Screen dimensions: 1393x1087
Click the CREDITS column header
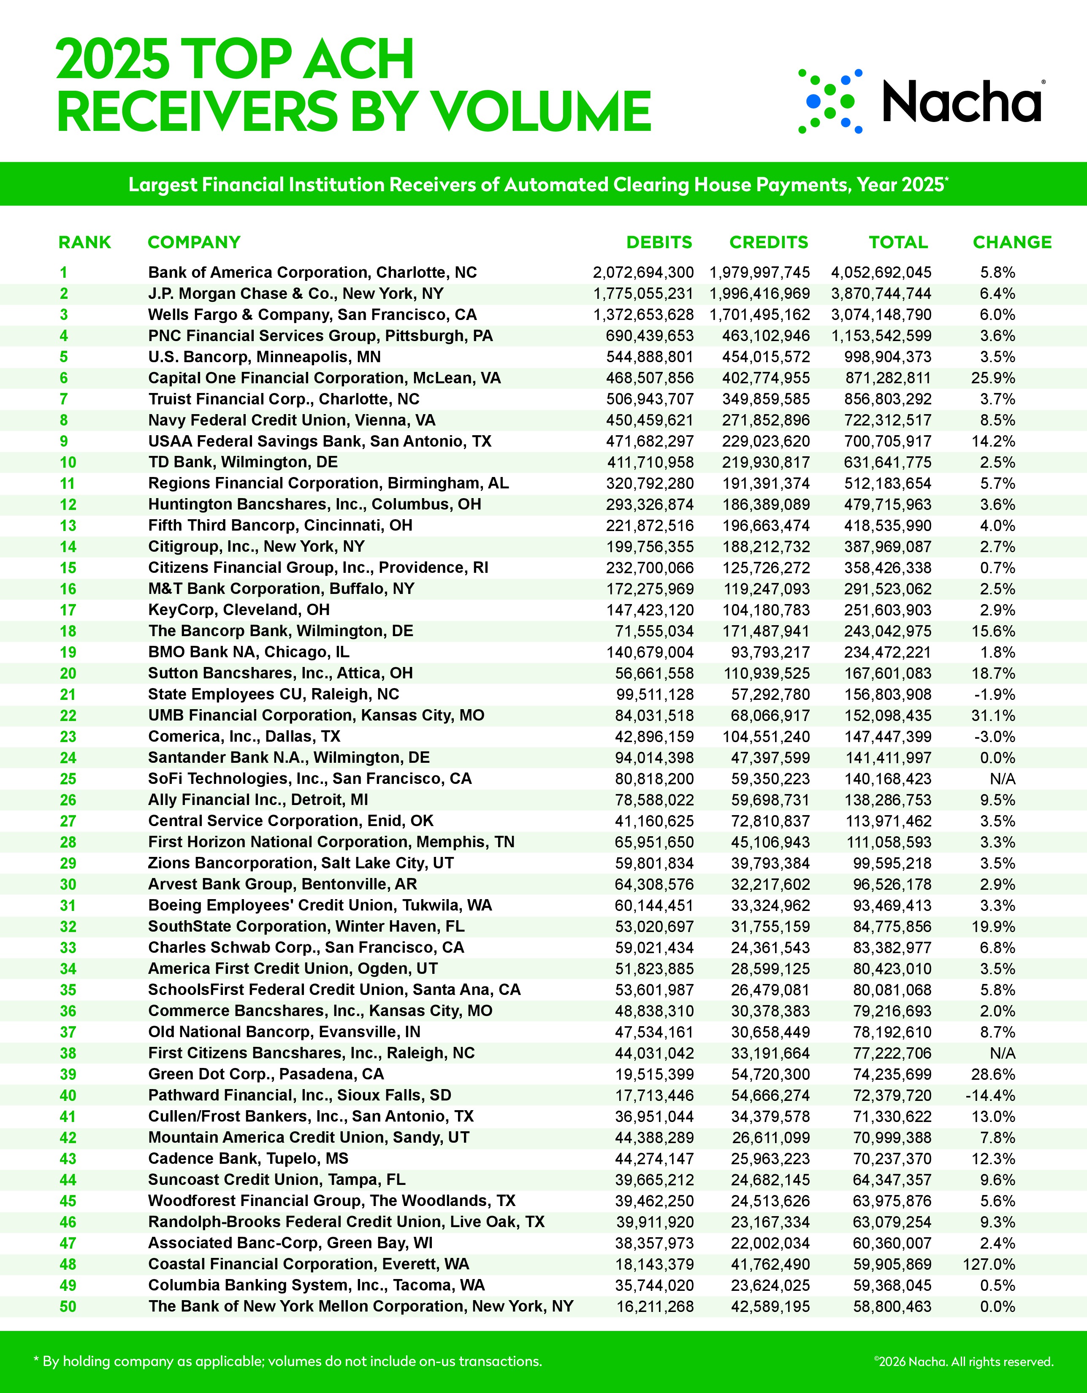point(769,242)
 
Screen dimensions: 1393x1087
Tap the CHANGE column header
point(1012,242)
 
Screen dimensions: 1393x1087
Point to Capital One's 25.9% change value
point(993,378)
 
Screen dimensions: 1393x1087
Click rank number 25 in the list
point(68,779)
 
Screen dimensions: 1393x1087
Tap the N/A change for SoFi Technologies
point(1002,779)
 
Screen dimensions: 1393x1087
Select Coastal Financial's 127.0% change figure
point(989,1264)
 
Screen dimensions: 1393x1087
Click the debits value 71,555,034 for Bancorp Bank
point(654,631)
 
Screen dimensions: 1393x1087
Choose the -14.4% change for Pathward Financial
point(991,1096)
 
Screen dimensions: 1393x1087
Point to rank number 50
point(68,1306)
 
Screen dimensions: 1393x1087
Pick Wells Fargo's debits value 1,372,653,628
point(643,315)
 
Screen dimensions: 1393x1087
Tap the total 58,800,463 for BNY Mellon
point(892,1306)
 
